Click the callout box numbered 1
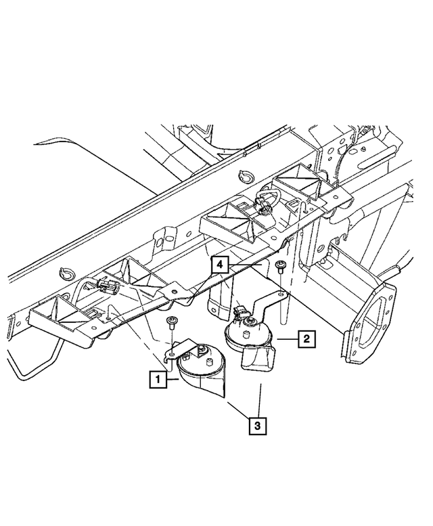pos(157,380)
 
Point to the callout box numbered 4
pos(219,265)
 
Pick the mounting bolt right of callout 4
pos(280,265)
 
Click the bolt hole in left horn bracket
pos(174,353)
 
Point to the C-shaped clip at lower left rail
pos(66,273)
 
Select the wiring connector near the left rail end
pos(108,290)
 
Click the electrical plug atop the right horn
pos(237,312)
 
